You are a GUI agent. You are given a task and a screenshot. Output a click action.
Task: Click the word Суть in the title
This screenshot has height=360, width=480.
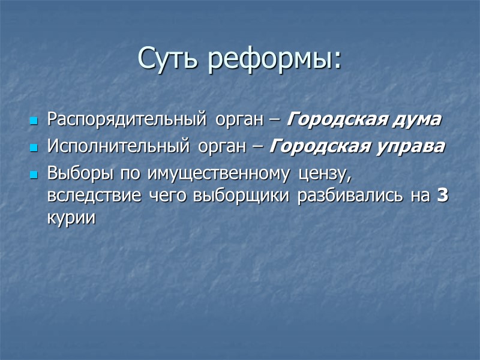pyautogui.click(x=168, y=58)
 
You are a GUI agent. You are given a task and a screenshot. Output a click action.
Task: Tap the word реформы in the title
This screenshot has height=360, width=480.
pyautogui.click(x=274, y=58)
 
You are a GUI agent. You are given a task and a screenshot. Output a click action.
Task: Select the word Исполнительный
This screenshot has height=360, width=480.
pyautogui.click(x=115, y=146)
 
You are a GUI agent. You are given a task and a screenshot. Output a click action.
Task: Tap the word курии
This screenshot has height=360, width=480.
pyautogui.click(x=71, y=218)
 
